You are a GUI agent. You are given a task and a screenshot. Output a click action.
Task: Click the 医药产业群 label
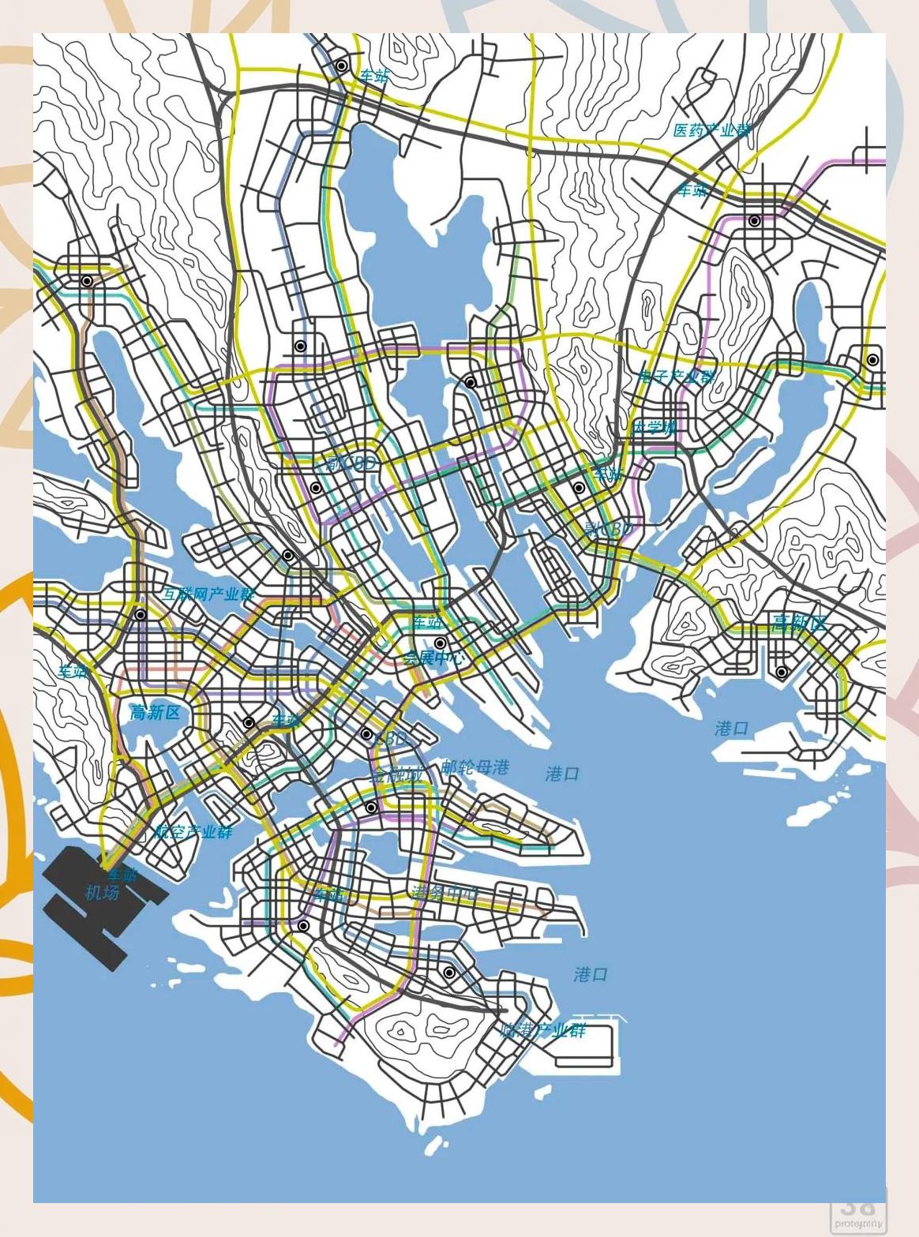[x=711, y=130]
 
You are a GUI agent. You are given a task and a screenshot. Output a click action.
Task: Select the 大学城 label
[x=655, y=427]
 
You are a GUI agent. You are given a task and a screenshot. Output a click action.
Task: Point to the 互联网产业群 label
[x=209, y=594]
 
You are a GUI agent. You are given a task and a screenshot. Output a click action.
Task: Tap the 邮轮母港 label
[x=475, y=767]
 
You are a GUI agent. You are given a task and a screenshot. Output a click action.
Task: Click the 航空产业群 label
[x=193, y=831]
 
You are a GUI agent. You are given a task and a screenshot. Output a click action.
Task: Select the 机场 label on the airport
[x=102, y=893]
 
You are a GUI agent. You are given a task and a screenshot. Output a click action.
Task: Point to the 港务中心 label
[x=444, y=893]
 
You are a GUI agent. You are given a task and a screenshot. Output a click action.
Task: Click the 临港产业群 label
[x=544, y=1029]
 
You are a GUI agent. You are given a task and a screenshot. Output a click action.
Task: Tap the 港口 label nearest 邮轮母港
[x=562, y=774]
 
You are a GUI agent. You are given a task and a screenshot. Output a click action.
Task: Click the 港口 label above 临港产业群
[x=591, y=974]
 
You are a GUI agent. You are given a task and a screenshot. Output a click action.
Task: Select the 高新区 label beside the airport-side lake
[x=156, y=713]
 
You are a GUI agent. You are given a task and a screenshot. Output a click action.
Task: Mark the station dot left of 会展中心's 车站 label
[x=441, y=643]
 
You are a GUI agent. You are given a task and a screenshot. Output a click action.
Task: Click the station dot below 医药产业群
[x=755, y=221]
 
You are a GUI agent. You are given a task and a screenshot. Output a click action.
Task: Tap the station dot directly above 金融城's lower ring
[x=371, y=808]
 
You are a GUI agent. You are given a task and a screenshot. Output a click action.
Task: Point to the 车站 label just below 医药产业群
[x=693, y=189]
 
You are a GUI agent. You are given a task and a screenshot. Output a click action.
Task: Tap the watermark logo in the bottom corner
[x=857, y=1212]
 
